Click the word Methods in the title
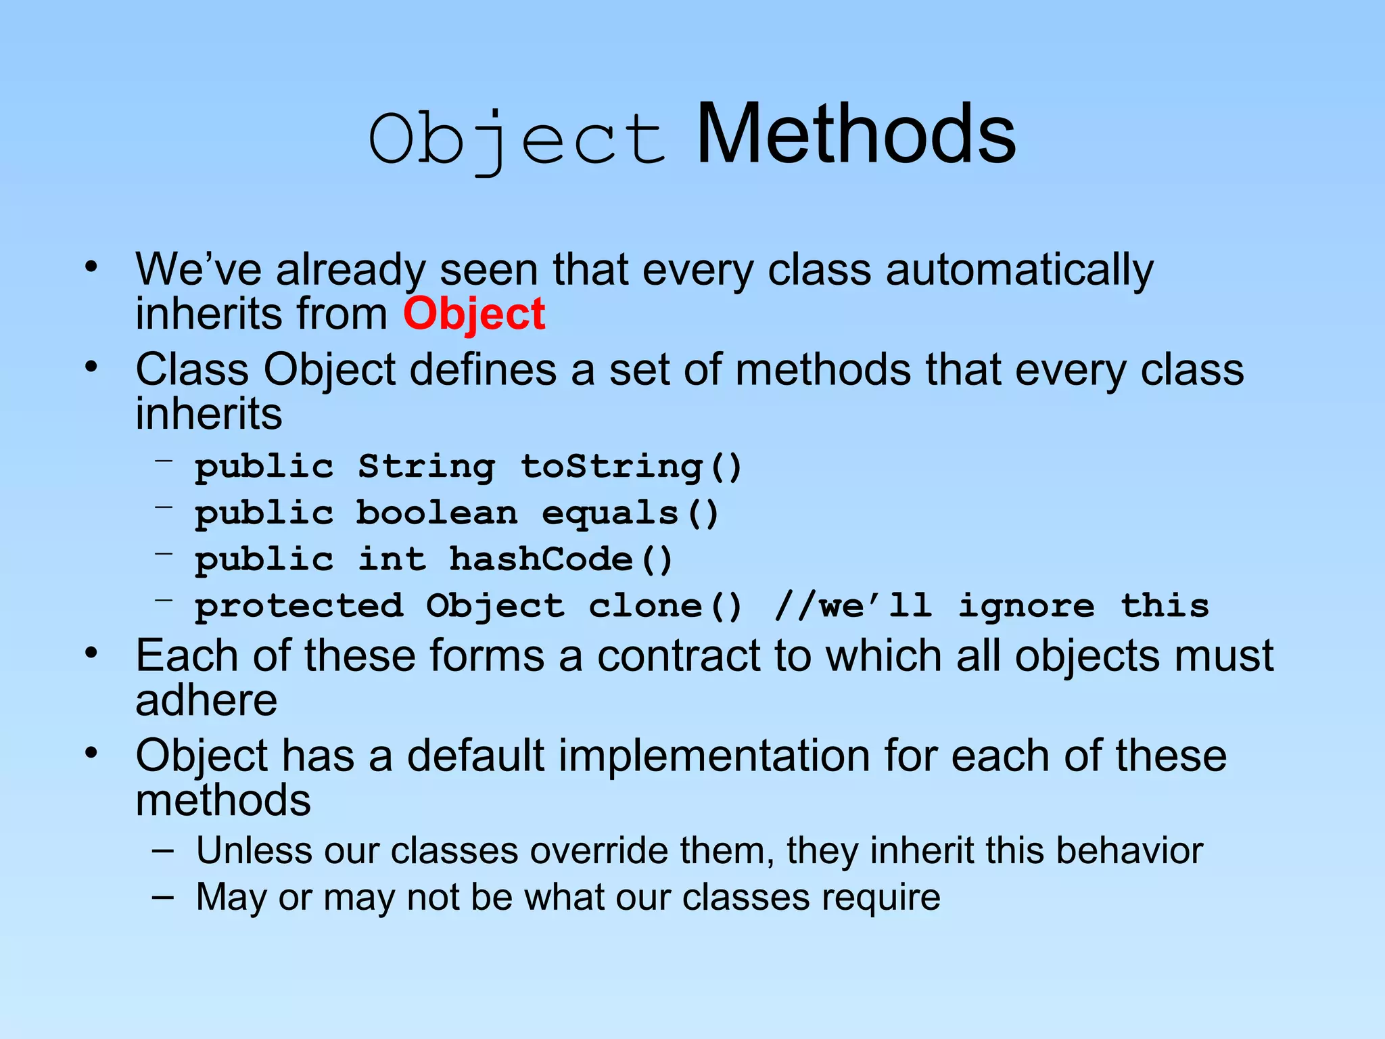855,135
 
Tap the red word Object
474,315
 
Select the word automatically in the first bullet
1019,271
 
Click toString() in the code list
631,467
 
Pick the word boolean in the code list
437,513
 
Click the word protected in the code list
299,606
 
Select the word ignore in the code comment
1025,606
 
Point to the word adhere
206,700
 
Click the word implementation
638,756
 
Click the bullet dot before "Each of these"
92,653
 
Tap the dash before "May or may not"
162,897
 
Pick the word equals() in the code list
630,513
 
